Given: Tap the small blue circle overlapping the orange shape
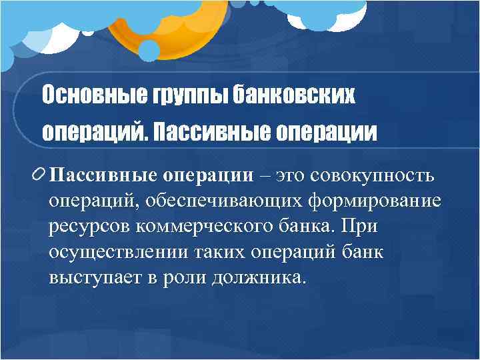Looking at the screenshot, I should [x=149, y=49].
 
